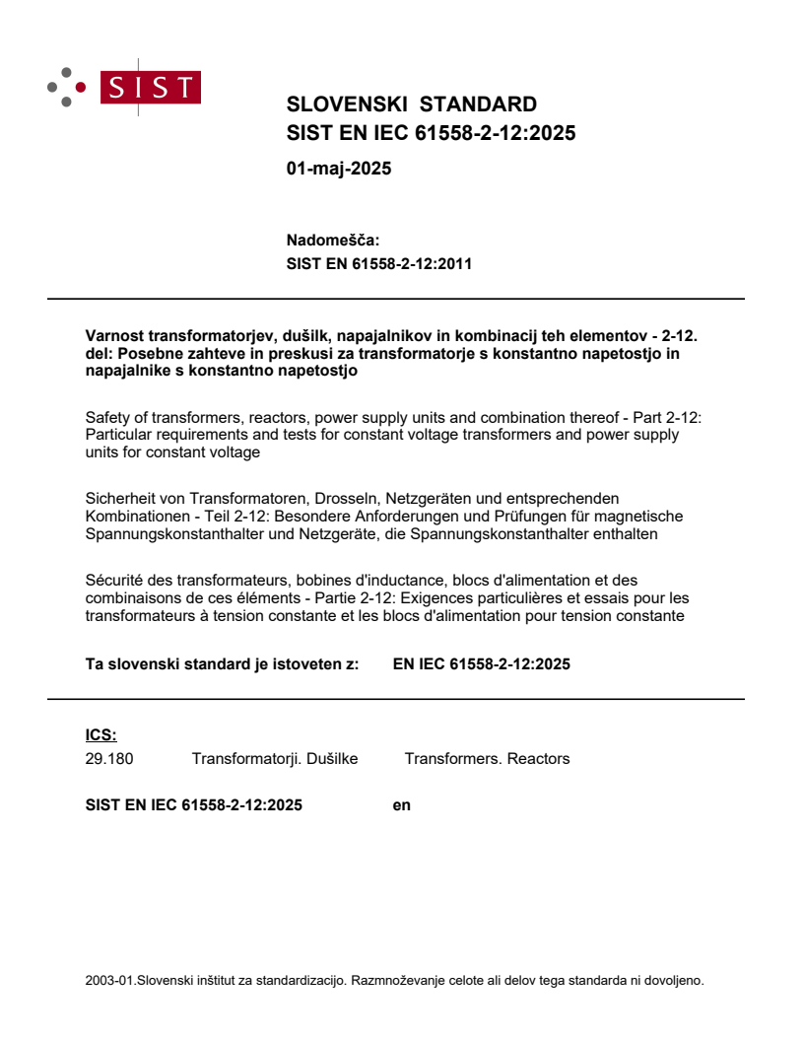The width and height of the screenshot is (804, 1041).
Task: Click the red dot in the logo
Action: tap(81, 88)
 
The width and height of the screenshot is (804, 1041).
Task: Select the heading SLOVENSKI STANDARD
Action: tap(411, 104)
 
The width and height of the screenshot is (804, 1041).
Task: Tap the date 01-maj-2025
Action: tap(338, 169)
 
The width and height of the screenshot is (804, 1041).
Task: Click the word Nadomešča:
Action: tap(332, 240)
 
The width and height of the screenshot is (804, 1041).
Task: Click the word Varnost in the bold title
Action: tap(113, 335)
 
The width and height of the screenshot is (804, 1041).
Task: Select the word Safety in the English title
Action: tap(107, 418)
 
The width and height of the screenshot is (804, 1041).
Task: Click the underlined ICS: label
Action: tap(100, 734)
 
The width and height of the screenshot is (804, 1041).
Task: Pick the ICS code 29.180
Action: tap(109, 759)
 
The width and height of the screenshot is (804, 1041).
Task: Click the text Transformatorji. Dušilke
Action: tap(274, 759)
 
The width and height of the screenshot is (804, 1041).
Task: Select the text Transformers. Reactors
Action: tap(487, 759)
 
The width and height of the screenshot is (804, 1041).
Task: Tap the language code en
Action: tap(401, 805)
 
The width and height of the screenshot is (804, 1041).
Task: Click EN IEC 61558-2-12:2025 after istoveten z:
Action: tap(481, 664)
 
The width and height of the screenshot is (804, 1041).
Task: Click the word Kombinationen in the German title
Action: tap(134, 517)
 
